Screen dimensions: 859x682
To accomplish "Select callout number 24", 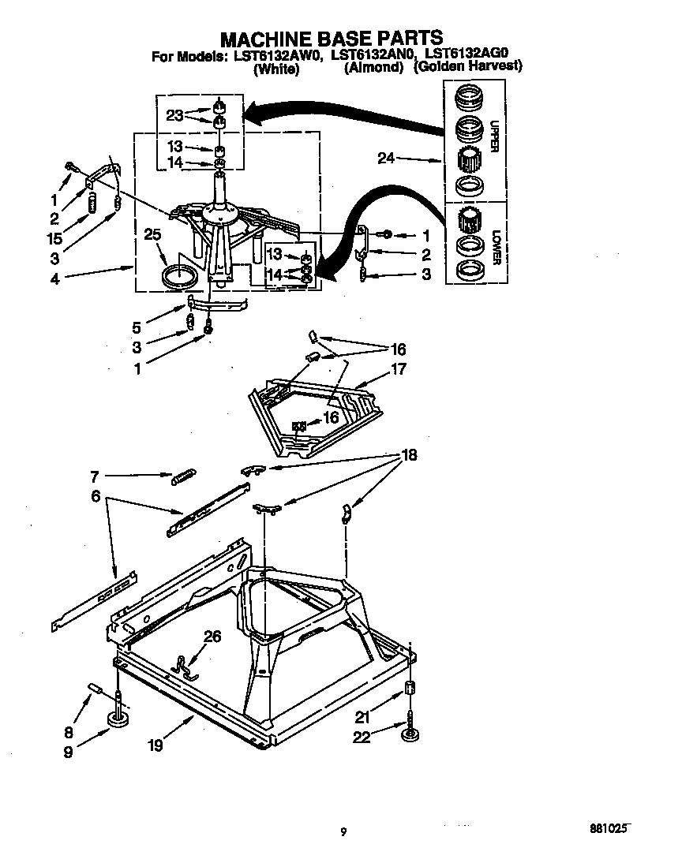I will point(386,159).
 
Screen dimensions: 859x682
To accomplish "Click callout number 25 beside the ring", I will point(153,233).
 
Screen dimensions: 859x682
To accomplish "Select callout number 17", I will point(399,368).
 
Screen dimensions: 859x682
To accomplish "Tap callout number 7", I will point(94,476).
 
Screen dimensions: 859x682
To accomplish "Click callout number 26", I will point(212,637).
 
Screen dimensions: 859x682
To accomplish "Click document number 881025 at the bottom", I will point(610,830).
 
